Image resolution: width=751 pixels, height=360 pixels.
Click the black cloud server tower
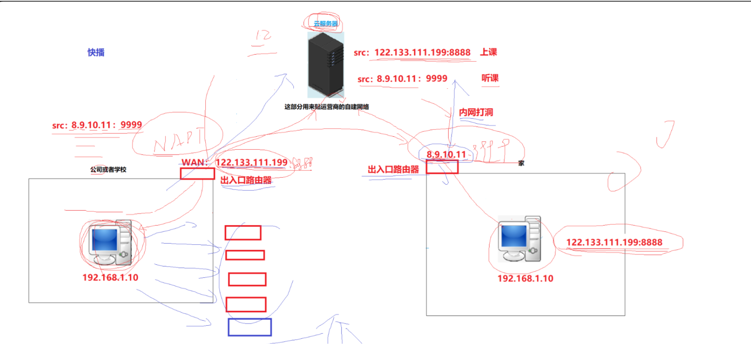(325, 65)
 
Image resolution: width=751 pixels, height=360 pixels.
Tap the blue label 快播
(96, 52)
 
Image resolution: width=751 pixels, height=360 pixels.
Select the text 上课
(488, 52)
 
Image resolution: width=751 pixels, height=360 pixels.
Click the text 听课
(490, 78)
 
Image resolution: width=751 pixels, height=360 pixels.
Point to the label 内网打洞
(476, 112)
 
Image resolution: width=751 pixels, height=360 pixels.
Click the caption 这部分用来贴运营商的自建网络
(326, 107)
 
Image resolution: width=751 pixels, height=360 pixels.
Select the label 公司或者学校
(108, 169)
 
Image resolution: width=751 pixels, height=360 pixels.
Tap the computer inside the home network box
(520, 239)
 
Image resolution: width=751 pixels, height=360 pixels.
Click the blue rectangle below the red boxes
(249, 327)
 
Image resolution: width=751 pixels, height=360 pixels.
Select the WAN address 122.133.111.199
(251, 162)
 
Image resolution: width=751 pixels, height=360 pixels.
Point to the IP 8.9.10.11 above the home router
(446, 154)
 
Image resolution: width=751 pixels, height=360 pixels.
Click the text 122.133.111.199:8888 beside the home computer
(614, 242)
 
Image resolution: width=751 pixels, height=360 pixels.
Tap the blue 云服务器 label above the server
(325, 24)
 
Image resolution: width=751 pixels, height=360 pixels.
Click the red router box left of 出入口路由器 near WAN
(197, 174)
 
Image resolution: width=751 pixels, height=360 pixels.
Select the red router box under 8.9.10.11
(442, 167)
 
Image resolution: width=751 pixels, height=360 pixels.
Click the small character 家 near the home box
(521, 163)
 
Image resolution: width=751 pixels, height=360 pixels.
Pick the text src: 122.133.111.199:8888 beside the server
(412, 53)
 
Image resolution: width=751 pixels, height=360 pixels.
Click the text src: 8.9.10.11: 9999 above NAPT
(97, 125)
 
